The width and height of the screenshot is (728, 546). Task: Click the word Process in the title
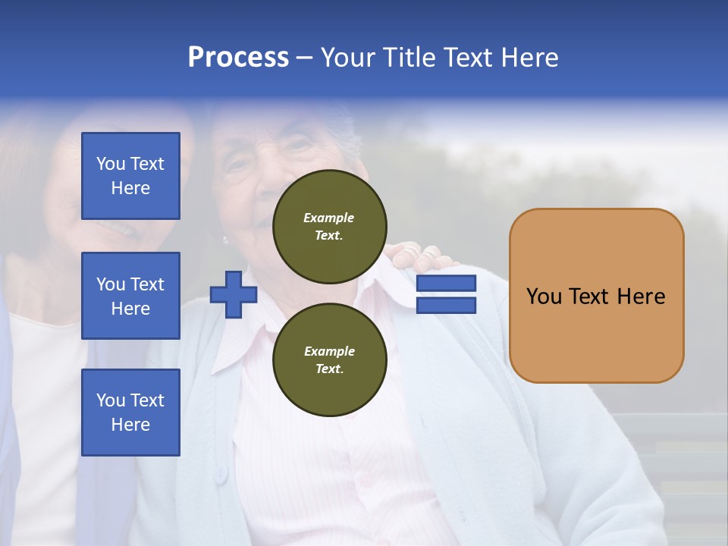click(x=238, y=58)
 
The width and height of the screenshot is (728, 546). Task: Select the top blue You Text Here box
click(x=130, y=176)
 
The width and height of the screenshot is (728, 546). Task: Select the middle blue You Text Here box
click(x=130, y=296)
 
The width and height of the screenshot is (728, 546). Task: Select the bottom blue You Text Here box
click(x=130, y=413)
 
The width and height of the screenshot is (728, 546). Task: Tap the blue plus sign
click(x=233, y=295)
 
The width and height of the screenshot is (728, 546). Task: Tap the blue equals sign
click(x=446, y=294)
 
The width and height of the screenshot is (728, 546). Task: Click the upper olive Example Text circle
click(x=329, y=227)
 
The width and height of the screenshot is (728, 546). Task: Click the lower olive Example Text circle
click(x=329, y=360)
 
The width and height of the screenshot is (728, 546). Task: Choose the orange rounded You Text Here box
click(x=596, y=296)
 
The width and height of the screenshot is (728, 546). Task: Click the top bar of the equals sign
click(x=446, y=284)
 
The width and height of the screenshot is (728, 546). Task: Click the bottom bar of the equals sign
click(x=446, y=305)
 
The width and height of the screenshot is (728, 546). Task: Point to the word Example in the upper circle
click(x=329, y=218)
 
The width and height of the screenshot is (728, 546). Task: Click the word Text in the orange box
click(x=591, y=297)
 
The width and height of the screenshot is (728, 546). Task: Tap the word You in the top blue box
click(x=110, y=164)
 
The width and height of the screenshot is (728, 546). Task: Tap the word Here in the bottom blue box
click(x=130, y=425)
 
